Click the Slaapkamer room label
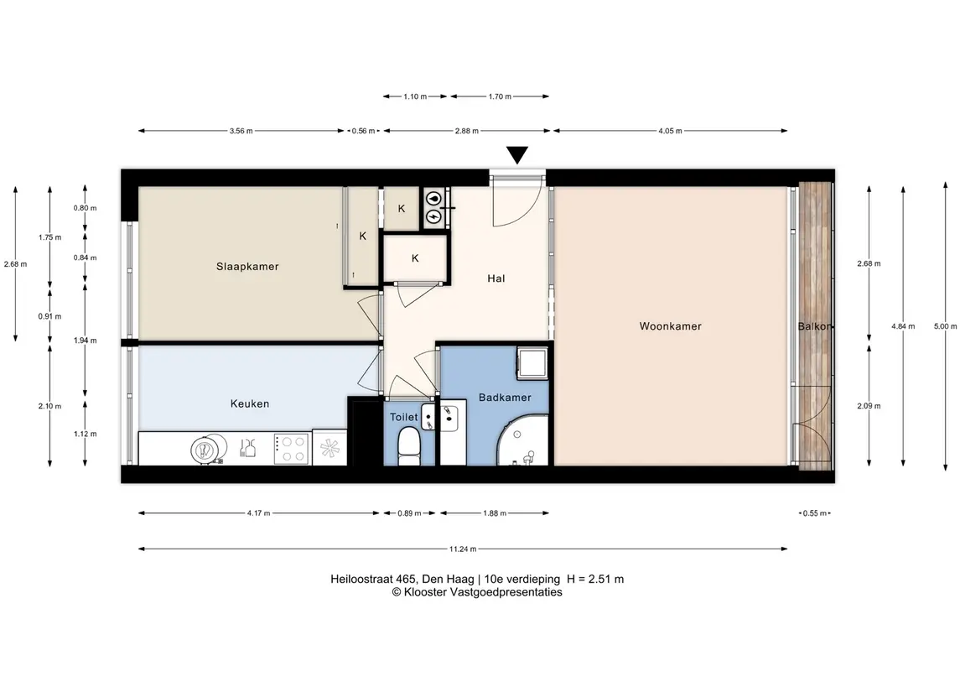click(x=247, y=267)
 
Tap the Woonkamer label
click(x=671, y=326)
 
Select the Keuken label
click(x=250, y=403)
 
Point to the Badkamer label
click(x=505, y=398)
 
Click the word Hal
click(x=496, y=278)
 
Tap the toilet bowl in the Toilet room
click(x=408, y=445)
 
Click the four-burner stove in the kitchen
click(x=291, y=449)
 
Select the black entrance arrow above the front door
click(x=517, y=155)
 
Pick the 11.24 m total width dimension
click(x=463, y=549)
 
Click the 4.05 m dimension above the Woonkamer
click(x=671, y=131)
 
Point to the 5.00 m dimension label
click(x=945, y=326)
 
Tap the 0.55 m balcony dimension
click(x=815, y=513)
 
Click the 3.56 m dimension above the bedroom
click(x=241, y=131)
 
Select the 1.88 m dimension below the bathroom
click(x=495, y=513)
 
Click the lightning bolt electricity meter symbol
click(x=433, y=216)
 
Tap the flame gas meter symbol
click(x=433, y=198)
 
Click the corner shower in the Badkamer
click(x=522, y=440)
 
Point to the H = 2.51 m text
click(x=595, y=580)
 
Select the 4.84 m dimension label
click(x=903, y=326)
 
